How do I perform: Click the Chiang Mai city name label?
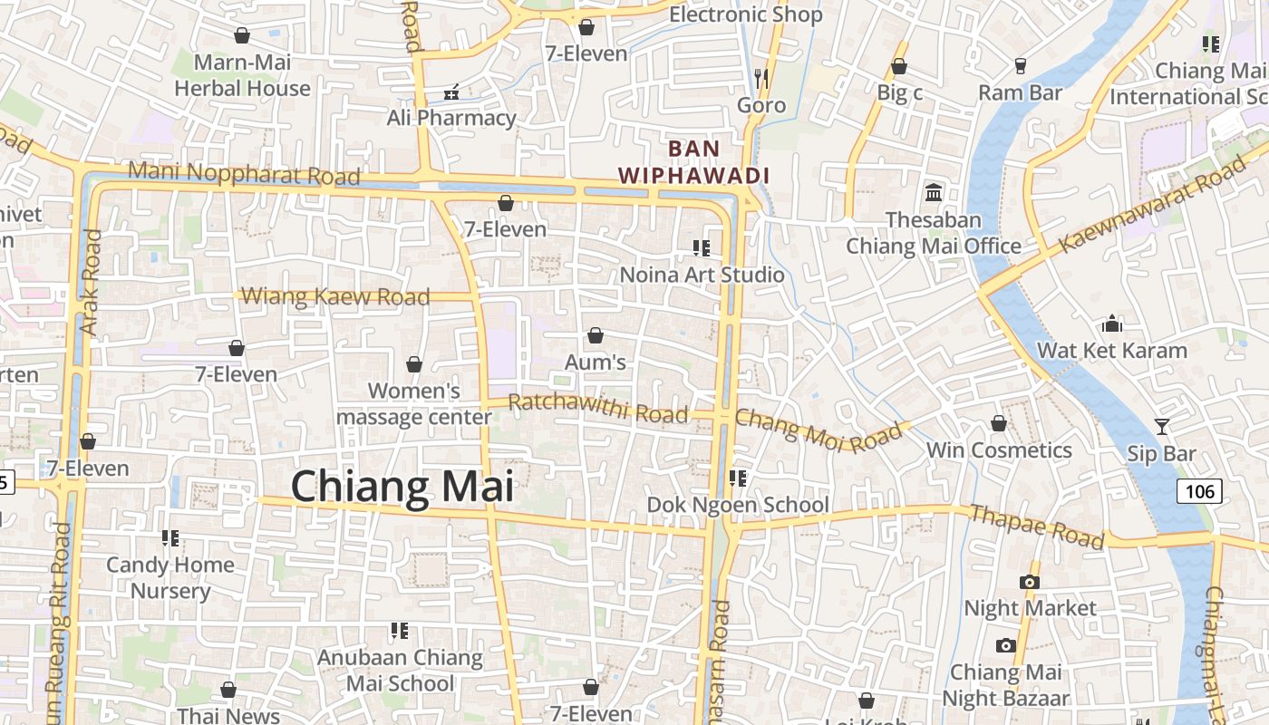(x=402, y=487)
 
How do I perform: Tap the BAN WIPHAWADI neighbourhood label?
(x=693, y=162)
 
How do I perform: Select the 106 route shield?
(x=1198, y=491)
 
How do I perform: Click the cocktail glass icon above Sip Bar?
(x=1161, y=426)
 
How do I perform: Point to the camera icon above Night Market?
(x=1029, y=582)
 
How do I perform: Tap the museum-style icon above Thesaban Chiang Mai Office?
(x=934, y=192)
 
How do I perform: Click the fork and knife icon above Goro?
(x=761, y=79)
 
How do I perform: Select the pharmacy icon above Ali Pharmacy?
(x=451, y=92)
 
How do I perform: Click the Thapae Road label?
(x=1037, y=527)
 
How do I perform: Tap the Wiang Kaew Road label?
(x=335, y=296)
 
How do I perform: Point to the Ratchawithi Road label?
(x=598, y=408)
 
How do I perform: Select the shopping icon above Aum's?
(x=596, y=336)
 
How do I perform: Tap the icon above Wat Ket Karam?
(x=1111, y=324)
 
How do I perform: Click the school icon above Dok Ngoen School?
(x=737, y=478)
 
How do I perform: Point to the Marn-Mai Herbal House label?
(x=242, y=75)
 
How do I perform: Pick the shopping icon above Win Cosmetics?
(x=998, y=423)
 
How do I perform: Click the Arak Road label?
(x=92, y=282)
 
